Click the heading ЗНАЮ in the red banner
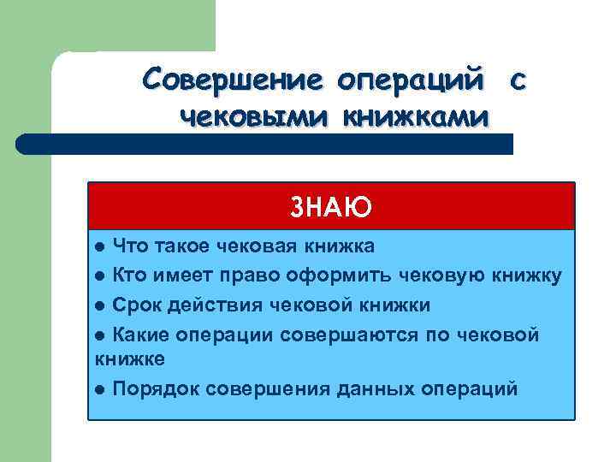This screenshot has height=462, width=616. pyautogui.click(x=330, y=207)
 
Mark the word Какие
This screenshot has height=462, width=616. pyautogui.click(x=139, y=334)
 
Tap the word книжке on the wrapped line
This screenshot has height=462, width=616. pyautogui.click(x=127, y=358)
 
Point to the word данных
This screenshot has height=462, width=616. pyautogui.click(x=375, y=388)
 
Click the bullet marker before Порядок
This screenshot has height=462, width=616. pyautogui.click(x=101, y=389)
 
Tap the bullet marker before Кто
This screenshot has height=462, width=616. pyautogui.click(x=101, y=276)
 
